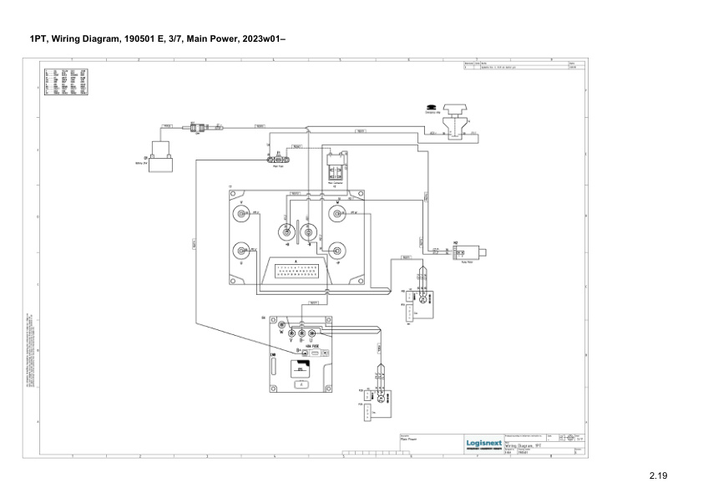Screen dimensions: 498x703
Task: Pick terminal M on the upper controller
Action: coord(337,215)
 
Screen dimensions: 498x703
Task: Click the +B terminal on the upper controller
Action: coord(286,231)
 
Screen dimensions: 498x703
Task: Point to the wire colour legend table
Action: coord(71,83)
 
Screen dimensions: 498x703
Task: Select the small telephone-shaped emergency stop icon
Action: coord(431,107)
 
